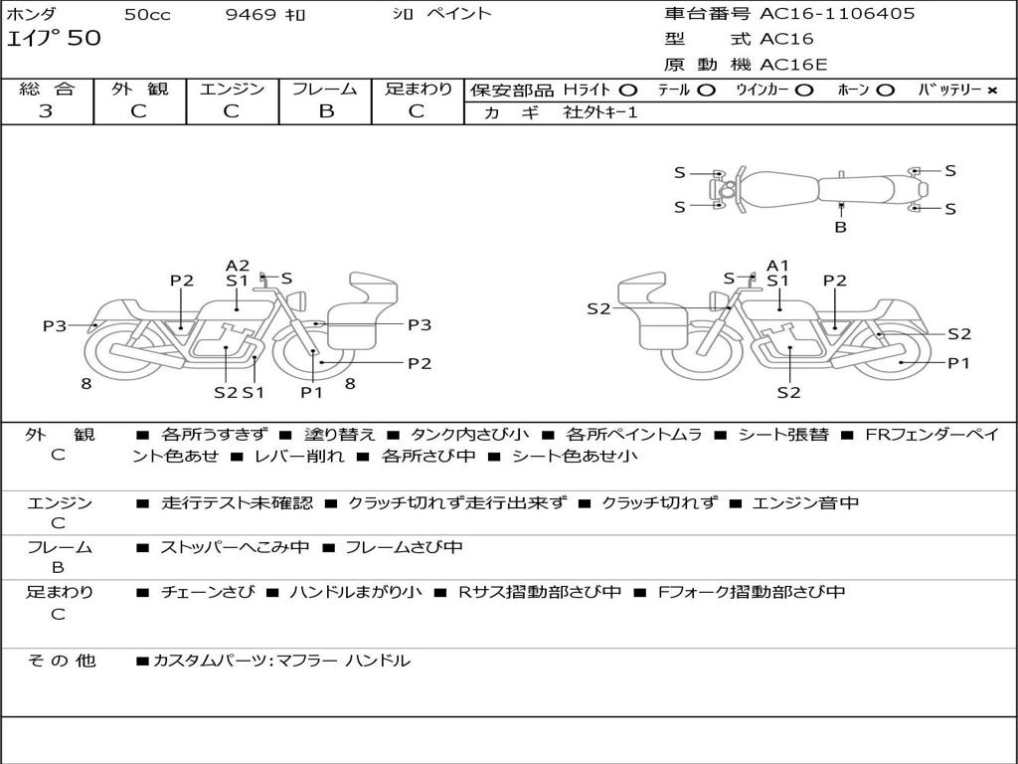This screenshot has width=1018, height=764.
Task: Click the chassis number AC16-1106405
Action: pyautogui.click(x=837, y=14)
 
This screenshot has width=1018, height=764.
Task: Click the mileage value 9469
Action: pyautogui.click(x=253, y=15)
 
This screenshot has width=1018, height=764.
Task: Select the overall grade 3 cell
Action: pyautogui.click(x=46, y=110)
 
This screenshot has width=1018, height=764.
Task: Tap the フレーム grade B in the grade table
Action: pyautogui.click(x=325, y=110)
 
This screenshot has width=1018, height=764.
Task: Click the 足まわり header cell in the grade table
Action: pyautogui.click(x=418, y=89)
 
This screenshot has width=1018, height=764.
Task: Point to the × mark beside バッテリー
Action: pyautogui.click(x=991, y=90)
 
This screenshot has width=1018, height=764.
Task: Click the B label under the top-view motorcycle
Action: pyautogui.click(x=840, y=227)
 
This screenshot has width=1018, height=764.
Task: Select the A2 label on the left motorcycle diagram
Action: pyautogui.click(x=238, y=265)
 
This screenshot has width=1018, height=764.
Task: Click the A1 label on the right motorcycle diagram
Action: pyautogui.click(x=777, y=265)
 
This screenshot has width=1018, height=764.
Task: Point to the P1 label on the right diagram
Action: pyautogui.click(x=958, y=363)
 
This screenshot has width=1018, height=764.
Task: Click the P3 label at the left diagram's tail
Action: pyautogui.click(x=54, y=325)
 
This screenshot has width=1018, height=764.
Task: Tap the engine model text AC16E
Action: pyautogui.click(x=793, y=65)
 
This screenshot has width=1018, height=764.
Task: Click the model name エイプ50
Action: pyautogui.click(x=54, y=39)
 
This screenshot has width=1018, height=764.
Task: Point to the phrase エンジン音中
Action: pyautogui.click(x=806, y=502)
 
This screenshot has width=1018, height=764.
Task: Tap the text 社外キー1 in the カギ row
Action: pyautogui.click(x=600, y=112)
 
